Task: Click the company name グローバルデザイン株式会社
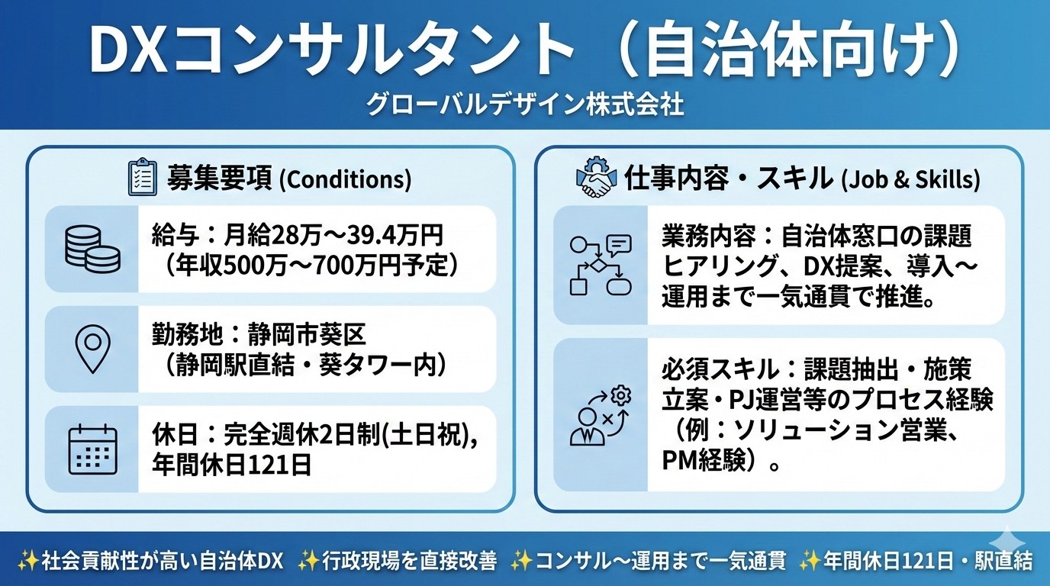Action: [524, 105]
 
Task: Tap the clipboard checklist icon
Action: [142, 179]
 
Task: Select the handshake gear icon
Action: [594, 177]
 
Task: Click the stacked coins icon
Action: [93, 249]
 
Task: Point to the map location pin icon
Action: [93, 349]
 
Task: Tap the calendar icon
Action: [92, 449]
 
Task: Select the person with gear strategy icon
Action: [601, 415]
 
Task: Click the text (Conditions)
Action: [346, 179]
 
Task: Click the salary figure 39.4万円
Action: [395, 236]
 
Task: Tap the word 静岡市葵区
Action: [307, 335]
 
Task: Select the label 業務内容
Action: [709, 237]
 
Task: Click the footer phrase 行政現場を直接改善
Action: [409, 561]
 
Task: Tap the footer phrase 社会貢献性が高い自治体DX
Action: [163, 561]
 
